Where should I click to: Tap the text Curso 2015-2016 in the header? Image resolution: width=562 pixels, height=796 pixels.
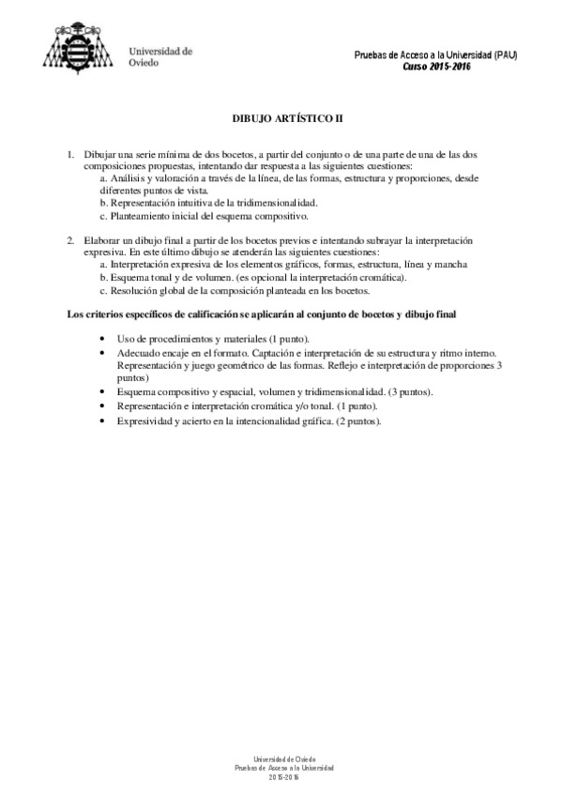[x=436, y=67]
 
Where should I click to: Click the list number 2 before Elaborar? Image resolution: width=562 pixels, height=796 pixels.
[x=70, y=241]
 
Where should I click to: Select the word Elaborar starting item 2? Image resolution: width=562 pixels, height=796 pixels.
[x=102, y=241]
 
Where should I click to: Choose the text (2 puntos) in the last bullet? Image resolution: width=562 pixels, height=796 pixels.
[x=352, y=422]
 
